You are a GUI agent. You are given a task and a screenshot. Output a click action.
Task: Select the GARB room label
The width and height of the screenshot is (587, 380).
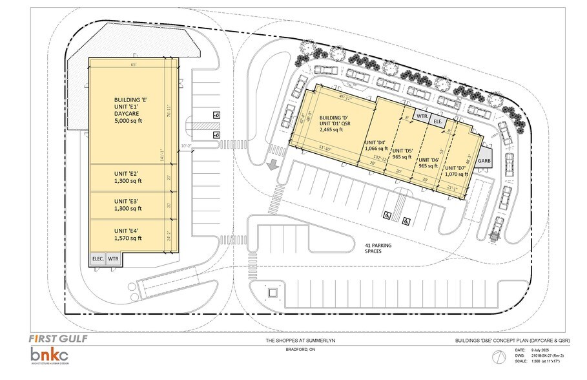[484, 160]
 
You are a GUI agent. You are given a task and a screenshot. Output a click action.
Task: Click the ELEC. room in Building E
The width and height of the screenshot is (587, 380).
[98, 259]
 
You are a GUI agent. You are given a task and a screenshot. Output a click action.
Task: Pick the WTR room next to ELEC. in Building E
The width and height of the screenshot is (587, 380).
[113, 259]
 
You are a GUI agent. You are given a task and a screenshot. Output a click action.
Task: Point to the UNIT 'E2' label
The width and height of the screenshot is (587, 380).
[126, 173]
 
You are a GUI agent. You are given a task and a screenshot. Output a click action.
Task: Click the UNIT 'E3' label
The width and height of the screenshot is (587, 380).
[126, 201]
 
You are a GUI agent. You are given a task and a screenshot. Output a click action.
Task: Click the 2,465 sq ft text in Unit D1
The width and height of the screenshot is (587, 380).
[333, 129]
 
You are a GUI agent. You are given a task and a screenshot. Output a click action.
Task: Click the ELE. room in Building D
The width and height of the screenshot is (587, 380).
[437, 120]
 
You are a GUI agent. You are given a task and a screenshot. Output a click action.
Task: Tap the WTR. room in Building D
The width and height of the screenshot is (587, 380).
[422, 116]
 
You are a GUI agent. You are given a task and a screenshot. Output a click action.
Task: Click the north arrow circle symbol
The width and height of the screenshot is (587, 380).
[497, 357]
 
